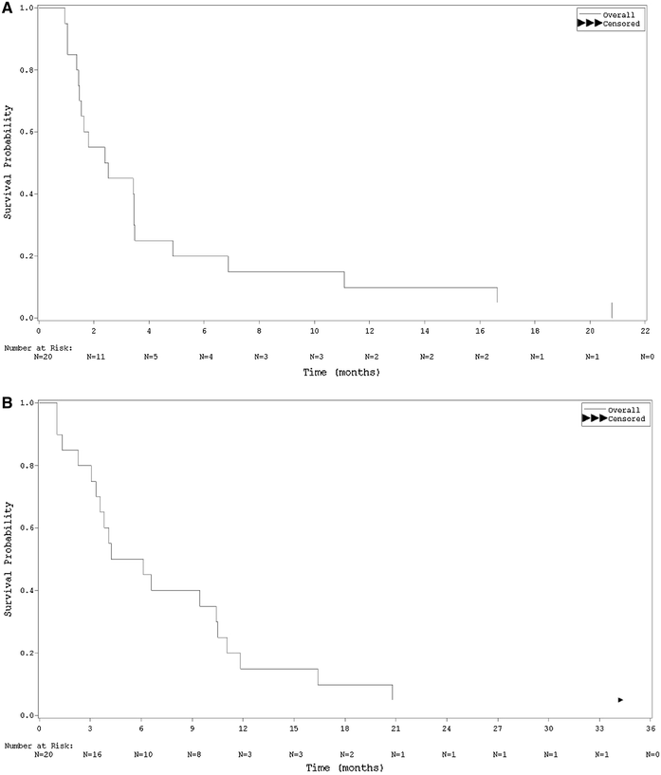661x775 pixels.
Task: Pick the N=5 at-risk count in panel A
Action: (x=150, y=357)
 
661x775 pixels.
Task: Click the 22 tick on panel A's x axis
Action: (x=645, y=331)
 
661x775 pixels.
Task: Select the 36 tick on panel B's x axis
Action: (x=651, y=729)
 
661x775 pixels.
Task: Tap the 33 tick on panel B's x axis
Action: (x=599, y=729)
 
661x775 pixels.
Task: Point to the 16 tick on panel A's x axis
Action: (x=480, y=331)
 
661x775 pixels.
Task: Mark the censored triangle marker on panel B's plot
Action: (x=620, y=700)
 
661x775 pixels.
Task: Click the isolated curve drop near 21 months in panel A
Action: (x=612, y=310)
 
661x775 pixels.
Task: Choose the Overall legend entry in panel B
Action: (x=626, y=410)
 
